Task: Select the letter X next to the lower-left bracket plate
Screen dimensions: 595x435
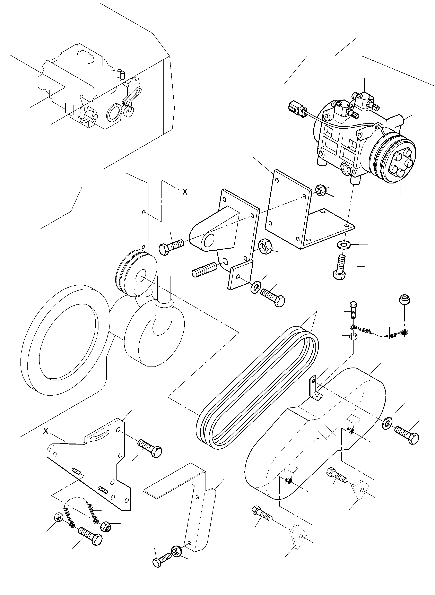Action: [x=46, y=431]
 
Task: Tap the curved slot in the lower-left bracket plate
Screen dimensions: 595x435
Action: [x=99, y=436]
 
